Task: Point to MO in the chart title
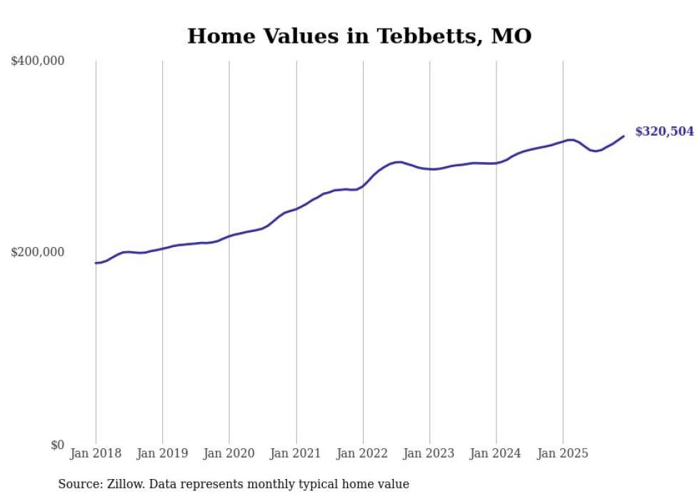click(512, 36)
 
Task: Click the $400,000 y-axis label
click(38, 61)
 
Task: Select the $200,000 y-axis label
click(38, 253)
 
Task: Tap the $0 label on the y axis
click(57, 445)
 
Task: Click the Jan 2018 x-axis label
click(96, 454)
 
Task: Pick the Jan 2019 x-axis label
click(162, 454)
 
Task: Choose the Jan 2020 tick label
click(229, 454)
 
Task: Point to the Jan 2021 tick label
click(296, 454)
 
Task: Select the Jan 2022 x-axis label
click(363, 454)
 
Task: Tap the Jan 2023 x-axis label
click(429, 454)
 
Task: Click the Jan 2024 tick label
click(496, 454)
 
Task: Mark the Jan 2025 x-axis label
click(563, 454)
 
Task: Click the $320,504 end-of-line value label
click(664, 131)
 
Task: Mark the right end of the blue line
click(624, 136)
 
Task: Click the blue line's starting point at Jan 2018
click(96, 263)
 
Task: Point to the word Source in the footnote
click(79, 484)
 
